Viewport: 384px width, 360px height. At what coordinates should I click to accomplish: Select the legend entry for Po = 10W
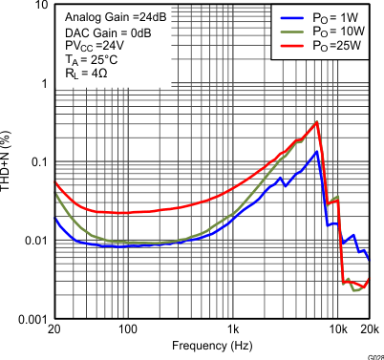(331, 32)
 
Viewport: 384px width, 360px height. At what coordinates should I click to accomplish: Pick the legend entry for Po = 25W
(331, 45)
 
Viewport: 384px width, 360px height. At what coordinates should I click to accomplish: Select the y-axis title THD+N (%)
(8, 162)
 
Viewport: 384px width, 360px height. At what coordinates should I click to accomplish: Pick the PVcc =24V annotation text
(89, 46)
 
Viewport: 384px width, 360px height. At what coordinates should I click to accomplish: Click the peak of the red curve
(316, 122)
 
